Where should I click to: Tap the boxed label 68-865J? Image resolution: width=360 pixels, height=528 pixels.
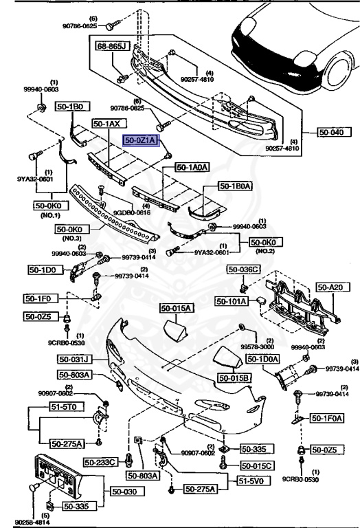point(112,46)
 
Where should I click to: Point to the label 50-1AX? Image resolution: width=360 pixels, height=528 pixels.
point(106,124)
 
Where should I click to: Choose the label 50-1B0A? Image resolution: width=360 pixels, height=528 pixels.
point(236,186)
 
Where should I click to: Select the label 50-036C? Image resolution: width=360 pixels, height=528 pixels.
point(245,269)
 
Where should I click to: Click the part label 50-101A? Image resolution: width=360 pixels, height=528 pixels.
point(233,300)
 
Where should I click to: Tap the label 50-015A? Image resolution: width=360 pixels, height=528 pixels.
point(177,308)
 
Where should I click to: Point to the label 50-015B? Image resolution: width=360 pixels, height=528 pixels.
point(234,378)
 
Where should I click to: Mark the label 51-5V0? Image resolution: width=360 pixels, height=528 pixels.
point(254,481)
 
